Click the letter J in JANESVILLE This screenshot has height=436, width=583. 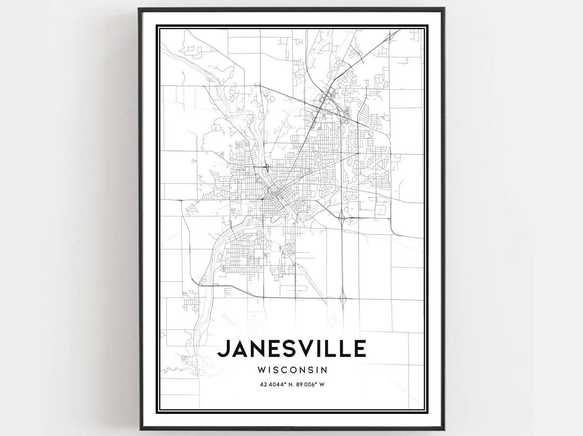[x=223, y=349]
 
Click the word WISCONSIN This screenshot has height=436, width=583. [x=293, y=370]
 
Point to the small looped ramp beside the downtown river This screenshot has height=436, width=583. [x=267, y=168]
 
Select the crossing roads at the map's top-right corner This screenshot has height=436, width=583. [x=389, y=37]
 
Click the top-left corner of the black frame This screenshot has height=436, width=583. [x=139, y=9]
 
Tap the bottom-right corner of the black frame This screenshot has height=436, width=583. [x=444, y=429]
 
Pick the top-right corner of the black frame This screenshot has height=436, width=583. [x=444, y=9]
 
